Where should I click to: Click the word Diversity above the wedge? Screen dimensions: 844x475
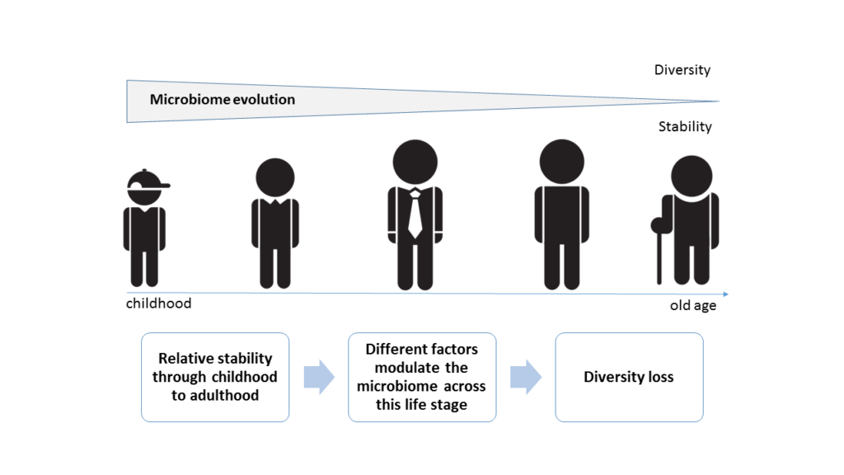[682, 70]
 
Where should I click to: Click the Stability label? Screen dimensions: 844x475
[685, 126]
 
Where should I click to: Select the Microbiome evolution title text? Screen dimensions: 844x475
[223, 100]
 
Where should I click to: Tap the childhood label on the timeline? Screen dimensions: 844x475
[159, 303]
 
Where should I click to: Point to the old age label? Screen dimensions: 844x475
[692, 305]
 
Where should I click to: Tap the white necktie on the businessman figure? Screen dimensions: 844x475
[415, 214]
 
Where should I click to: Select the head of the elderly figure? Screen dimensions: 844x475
[692, 176]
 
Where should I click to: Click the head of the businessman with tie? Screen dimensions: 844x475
[415, 162]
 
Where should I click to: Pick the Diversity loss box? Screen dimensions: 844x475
[629, 377]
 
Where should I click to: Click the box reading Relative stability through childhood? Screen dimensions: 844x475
[215, 377]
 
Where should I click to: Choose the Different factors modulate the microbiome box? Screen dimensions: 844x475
[422, 377]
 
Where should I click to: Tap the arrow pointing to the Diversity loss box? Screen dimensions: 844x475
[526, 377]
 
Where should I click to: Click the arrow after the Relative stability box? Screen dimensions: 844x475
[319, 377]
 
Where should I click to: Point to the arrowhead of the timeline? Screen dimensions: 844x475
[726, 294]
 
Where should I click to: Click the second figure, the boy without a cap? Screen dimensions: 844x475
[275, 223]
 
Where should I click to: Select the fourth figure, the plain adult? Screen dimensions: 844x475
[562, 214]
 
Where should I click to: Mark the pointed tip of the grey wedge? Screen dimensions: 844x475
[719, 101]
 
